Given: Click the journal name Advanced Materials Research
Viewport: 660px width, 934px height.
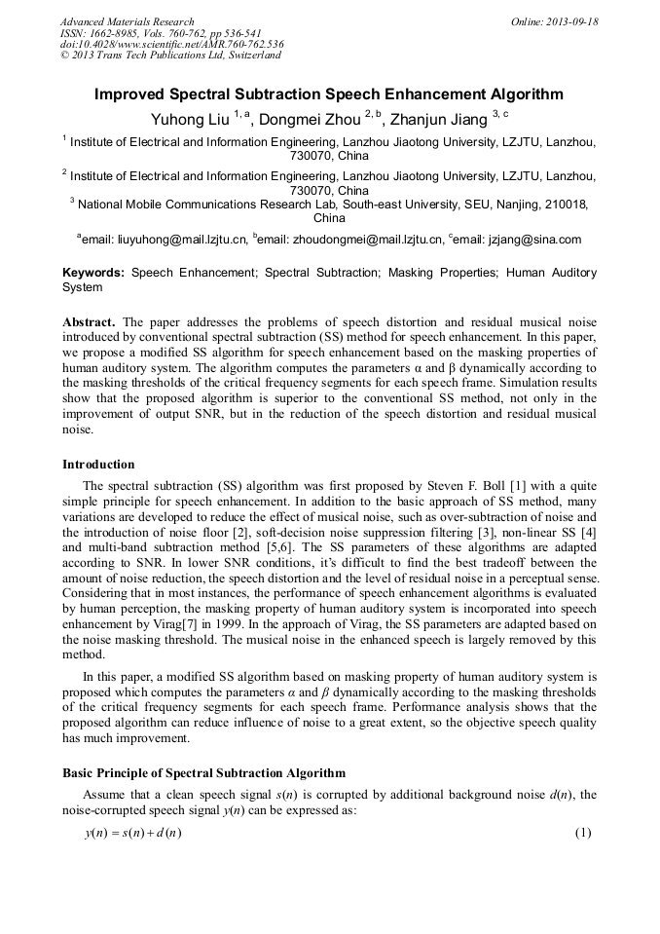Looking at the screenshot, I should [x=127, y=21].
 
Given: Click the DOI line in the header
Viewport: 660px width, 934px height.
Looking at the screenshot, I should [x=171, y=44].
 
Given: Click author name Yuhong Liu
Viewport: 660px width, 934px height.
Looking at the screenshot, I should [x=190, y=120].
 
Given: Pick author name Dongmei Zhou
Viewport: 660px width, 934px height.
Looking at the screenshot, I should [x=312, y=120].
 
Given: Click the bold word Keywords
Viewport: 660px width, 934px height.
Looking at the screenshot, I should [x=93, y=274].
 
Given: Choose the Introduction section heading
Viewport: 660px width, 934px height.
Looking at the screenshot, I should [x=98, y=464].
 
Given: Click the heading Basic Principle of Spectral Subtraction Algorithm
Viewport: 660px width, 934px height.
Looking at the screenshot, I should [x=203, y=773].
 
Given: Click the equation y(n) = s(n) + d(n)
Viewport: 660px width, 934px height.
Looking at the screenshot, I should [x=134, y=834].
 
